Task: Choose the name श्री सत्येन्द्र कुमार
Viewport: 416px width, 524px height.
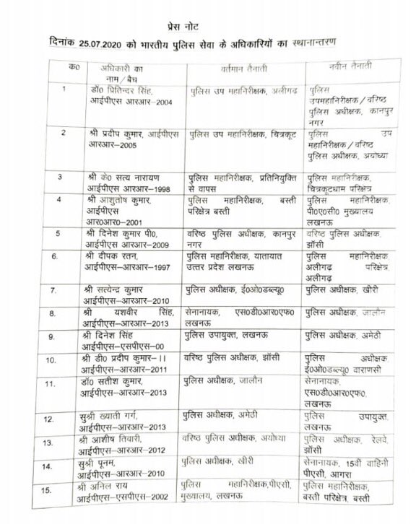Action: [122, 290]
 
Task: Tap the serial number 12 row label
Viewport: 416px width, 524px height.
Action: [69, 419]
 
